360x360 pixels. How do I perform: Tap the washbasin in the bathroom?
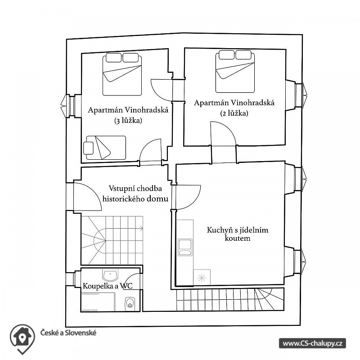pos(110,275)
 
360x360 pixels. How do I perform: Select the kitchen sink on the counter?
pos(185,247)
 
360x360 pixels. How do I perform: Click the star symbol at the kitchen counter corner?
pos(202,278)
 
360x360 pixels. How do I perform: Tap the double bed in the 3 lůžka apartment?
pos(122,74)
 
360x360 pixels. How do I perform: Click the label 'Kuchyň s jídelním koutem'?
pos(238,234)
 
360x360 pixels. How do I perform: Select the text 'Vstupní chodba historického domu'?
pos(135,193)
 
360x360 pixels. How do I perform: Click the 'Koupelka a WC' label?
pos(108,286)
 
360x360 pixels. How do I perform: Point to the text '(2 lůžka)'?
pos(234,113)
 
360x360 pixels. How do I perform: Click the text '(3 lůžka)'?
pos(128,121)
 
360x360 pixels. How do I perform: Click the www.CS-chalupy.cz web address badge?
pos(312,343)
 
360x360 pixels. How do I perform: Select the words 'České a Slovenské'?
pos(68,333)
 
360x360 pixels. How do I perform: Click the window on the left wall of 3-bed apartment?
pos(68,106)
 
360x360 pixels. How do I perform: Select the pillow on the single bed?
pos(88,148)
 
